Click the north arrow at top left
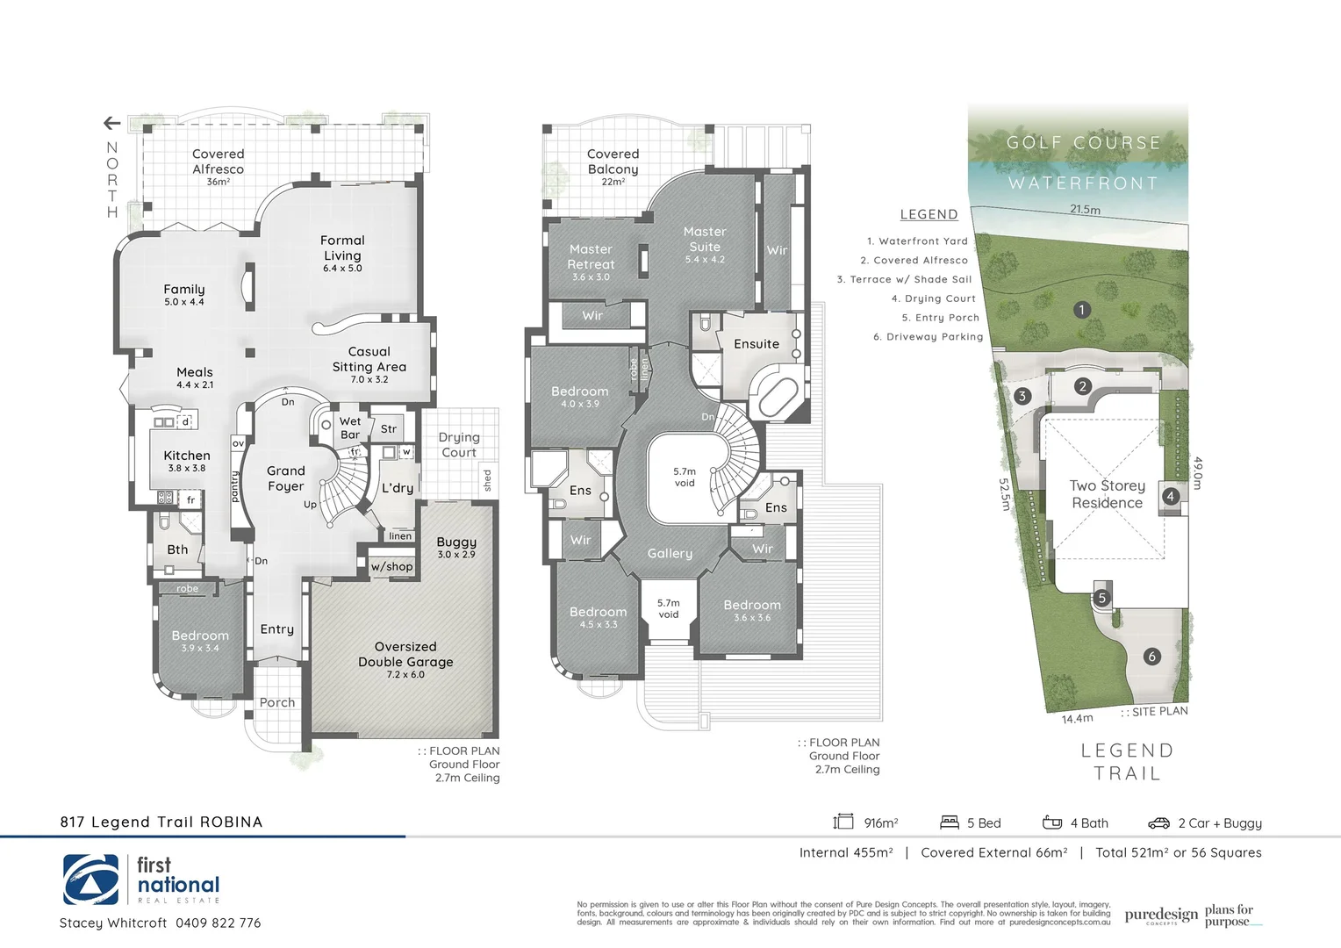tap(111, 123)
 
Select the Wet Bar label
tap(350, 427)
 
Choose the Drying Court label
tap(459, 444)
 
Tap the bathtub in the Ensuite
tap(775, 396)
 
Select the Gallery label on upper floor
tap(670, 554)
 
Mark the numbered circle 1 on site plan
tap(1082, 309)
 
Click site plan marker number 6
tap(1152, 657)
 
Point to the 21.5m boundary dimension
tap(1085, 210)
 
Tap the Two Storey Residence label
tap(1108, 494)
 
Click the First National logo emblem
tap(90, 880)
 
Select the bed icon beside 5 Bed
tap(950, 822)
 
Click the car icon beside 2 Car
tap(1158, 822)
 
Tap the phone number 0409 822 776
tap(218, 923)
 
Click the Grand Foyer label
tap(286, 478)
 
